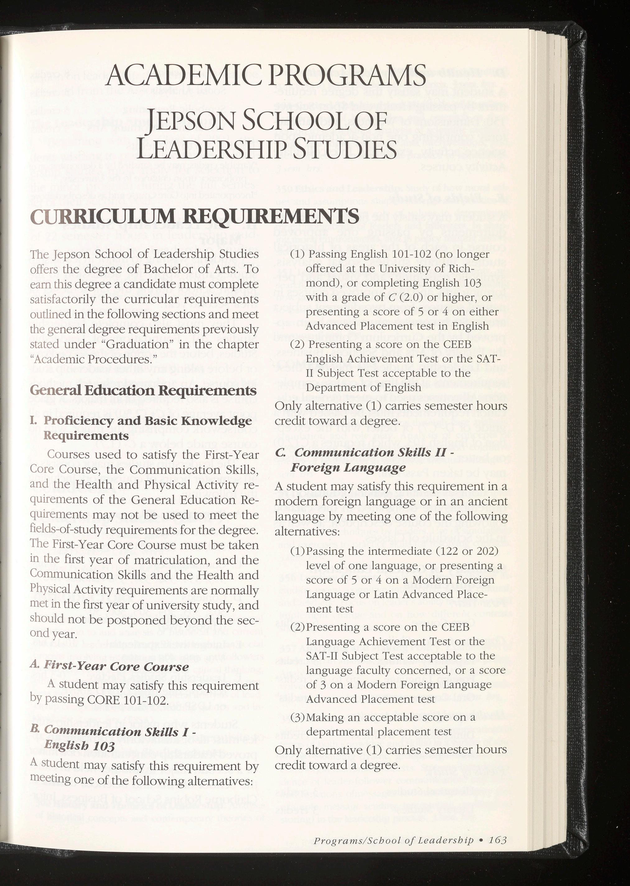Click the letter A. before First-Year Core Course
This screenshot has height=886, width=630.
tap(35, 666)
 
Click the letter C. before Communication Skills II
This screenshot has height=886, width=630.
tap(281, 452)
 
